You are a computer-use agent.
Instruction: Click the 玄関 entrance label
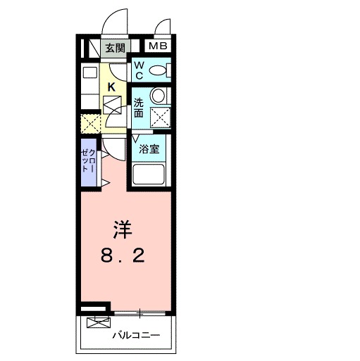tap(115, 48)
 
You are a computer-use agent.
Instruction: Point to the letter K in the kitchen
tap(111, 87)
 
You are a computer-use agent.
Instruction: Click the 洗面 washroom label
tap(139, 107)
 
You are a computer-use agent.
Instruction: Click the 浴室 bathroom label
tap(148, 149)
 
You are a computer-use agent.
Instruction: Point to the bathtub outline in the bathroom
tap(150, 175)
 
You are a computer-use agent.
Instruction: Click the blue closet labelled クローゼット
tap(87, 162)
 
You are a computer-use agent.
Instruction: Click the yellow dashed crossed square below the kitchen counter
tap(89, 125)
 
